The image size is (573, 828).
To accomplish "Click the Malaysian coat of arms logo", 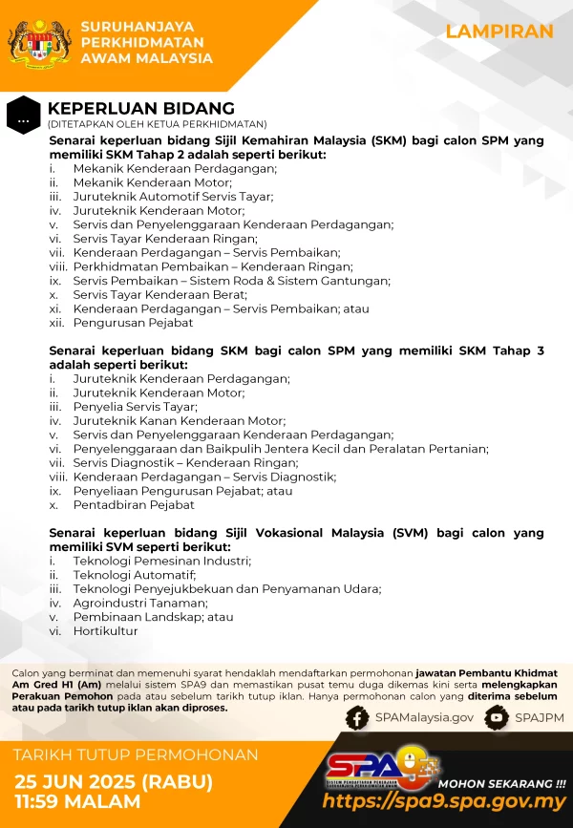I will tap(38, 45).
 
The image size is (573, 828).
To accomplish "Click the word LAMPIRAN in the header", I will tap(499, 32).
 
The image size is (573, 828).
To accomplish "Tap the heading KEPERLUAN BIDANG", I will tap(140, 109).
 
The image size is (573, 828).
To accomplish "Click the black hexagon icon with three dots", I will tap(23, 116).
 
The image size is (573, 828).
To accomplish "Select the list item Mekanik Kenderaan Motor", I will tap(152, 182).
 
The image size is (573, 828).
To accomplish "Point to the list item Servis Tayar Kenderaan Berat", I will tap(159, 295).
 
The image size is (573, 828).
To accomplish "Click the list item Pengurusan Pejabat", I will tap(133, 323).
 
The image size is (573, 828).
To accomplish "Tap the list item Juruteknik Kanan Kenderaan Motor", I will tap(179, 421).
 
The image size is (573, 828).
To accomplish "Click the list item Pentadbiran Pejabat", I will tap(134, 505).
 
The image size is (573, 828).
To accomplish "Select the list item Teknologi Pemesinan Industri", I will tap(161, 561).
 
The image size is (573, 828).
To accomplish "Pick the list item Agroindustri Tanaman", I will tap(140, 603).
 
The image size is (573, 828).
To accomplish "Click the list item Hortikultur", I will tap(105, 631).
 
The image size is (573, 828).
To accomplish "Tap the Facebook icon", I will tap(357, 718).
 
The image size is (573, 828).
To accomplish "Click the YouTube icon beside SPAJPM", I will tap(496, 718).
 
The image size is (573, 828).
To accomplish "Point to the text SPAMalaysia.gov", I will tap(424, 718).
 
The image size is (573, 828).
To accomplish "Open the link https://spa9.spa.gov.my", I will tap(444, 802).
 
